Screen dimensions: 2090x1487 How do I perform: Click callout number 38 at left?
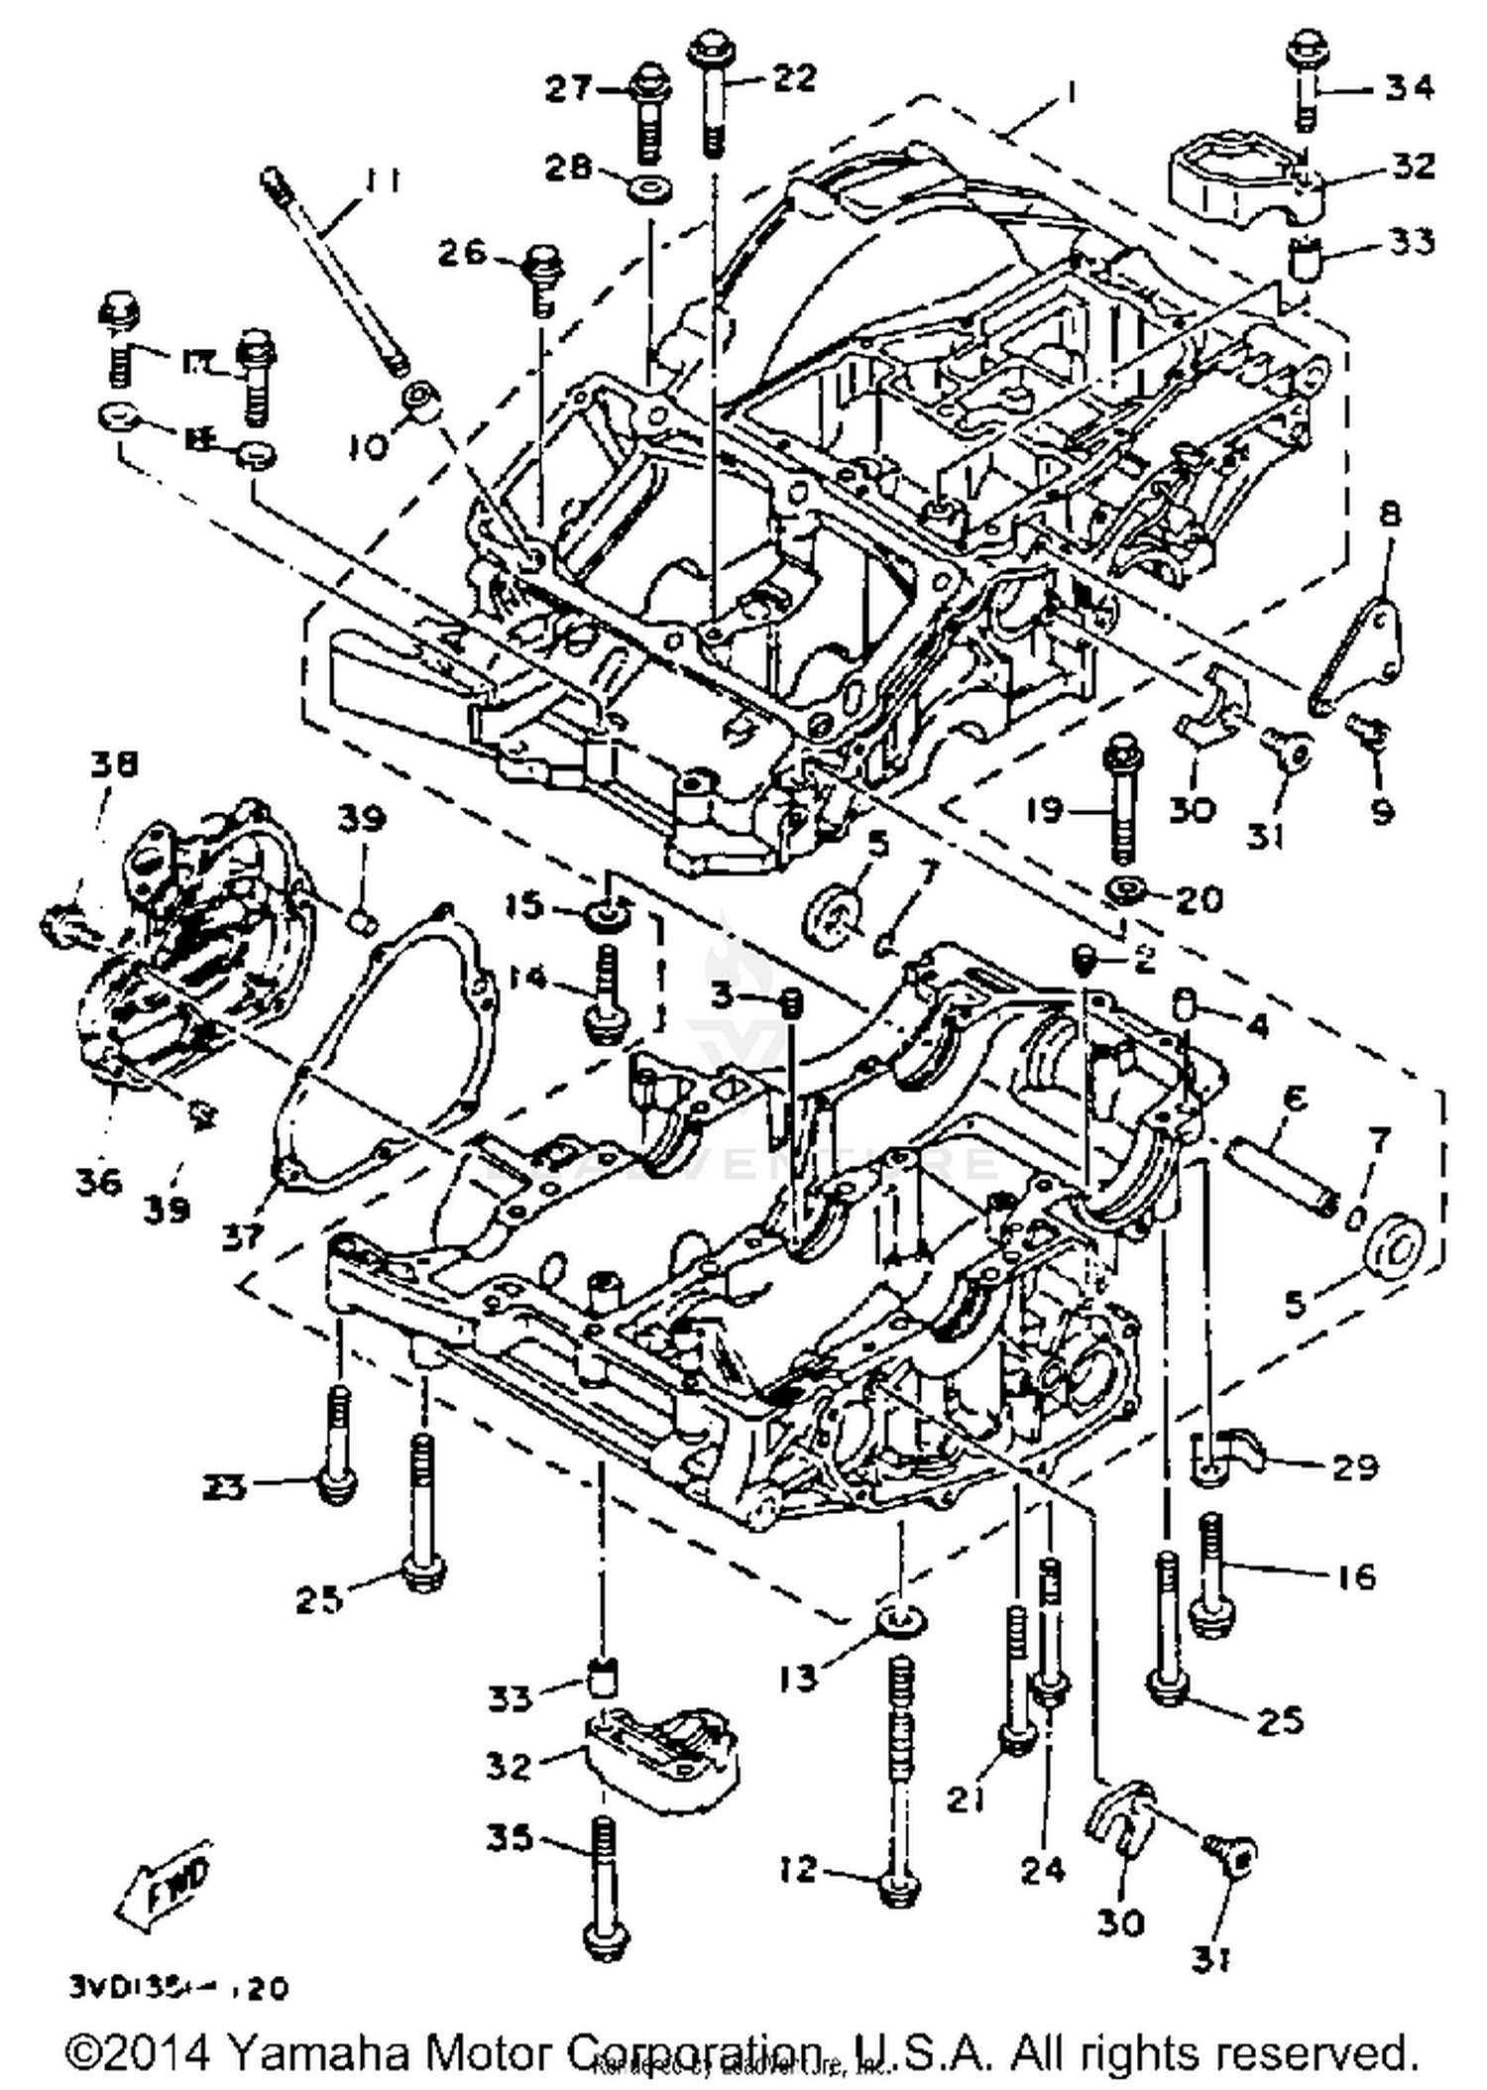point(114,763)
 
